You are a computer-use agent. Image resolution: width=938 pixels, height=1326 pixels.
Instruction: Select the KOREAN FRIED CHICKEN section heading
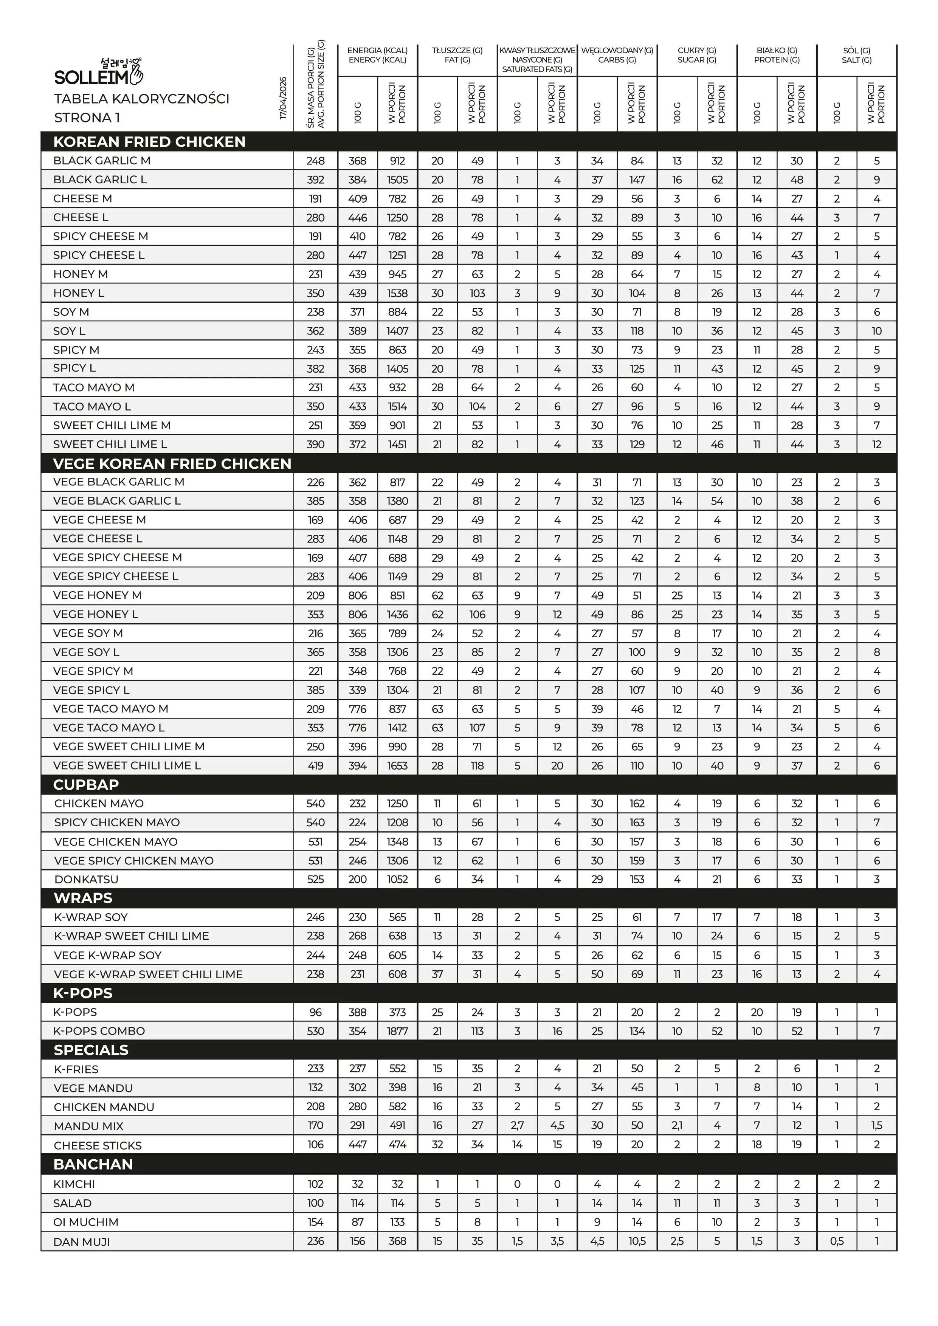149,141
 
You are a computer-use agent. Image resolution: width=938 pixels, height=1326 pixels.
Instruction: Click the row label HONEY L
79,293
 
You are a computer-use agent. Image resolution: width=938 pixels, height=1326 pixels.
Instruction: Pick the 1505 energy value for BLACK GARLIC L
397,180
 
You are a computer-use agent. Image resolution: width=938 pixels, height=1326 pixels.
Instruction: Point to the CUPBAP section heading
86,784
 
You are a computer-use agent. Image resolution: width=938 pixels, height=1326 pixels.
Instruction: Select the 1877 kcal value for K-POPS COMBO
397,1031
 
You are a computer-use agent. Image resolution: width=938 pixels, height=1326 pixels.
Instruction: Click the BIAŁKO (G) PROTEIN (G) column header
777,55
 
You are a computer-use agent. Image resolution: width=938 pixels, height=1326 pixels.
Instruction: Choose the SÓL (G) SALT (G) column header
857,55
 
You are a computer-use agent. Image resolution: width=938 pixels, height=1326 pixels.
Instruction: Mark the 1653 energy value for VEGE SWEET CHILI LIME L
397,766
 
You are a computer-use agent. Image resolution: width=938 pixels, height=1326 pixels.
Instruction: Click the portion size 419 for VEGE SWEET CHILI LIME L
315,766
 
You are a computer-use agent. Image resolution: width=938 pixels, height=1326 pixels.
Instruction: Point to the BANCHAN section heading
93,1164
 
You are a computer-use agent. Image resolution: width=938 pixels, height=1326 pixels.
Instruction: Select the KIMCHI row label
74,1184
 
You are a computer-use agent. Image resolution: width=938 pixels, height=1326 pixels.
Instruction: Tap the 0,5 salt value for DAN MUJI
836,1241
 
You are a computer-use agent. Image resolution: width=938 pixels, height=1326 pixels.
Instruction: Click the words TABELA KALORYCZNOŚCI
141,99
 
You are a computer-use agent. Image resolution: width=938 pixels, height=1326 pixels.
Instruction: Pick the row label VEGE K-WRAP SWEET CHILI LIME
148,974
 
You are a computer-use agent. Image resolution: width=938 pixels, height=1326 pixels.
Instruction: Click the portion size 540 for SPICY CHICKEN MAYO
315,823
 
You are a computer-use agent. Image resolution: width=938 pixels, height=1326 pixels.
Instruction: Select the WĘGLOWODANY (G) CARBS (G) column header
617,55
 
